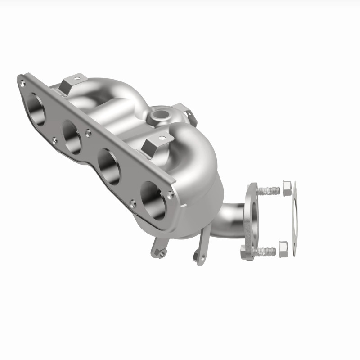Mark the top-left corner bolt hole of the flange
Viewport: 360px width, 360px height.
pos(22,83)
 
